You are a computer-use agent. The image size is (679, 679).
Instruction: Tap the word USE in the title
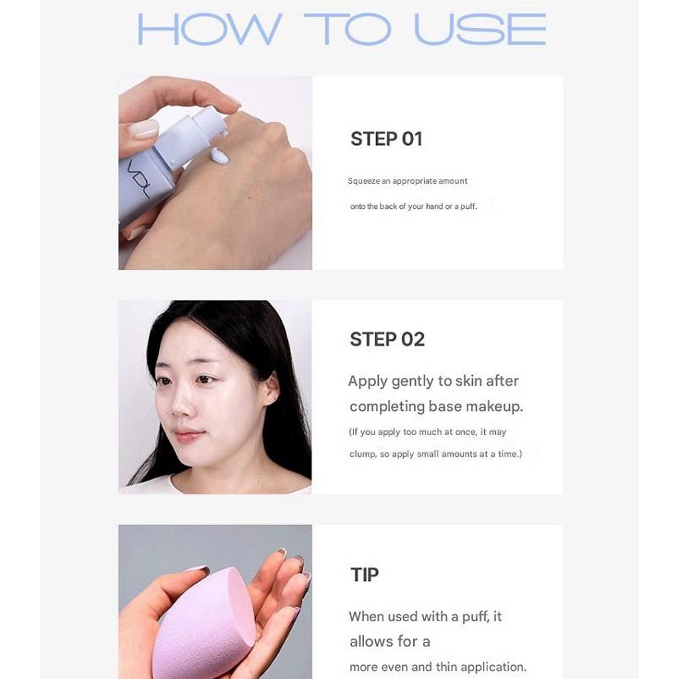coord(480,29)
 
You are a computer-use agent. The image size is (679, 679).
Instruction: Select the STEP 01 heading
coord(387,139)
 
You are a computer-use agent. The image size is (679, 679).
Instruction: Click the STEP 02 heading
coord(387,339)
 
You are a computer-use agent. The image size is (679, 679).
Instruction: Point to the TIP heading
coord(364,575)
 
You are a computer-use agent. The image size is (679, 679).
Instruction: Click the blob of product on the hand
coord(218,154)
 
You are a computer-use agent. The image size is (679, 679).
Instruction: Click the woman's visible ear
coord(271,388)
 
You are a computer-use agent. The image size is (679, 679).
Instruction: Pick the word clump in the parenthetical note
coord(363,454)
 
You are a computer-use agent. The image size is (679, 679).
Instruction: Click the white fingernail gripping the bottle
coord(144,129)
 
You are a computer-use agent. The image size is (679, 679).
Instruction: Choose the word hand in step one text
coord(434,207)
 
